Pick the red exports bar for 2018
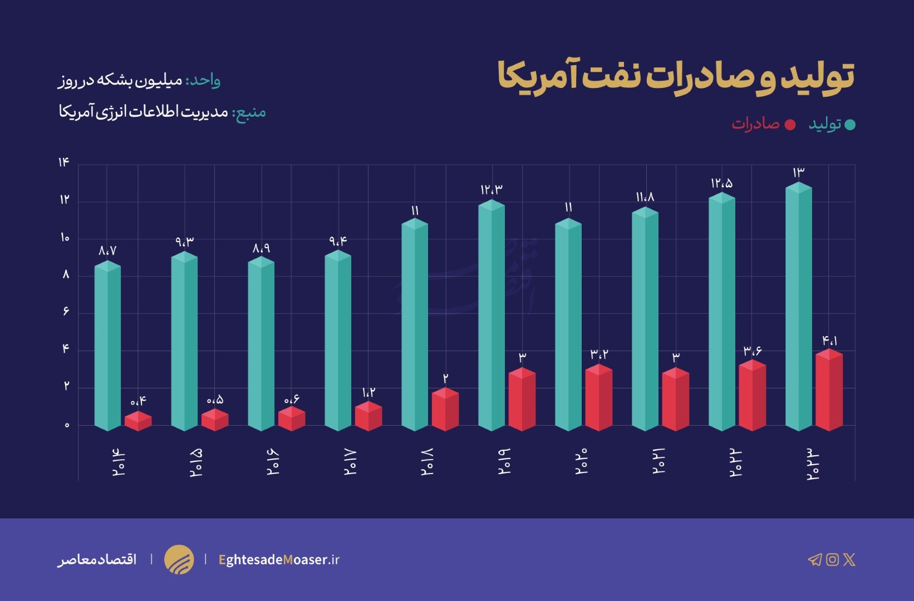[445, 410]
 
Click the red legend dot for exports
[790, 125]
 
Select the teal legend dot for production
[850, 125]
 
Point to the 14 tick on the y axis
[63, 162]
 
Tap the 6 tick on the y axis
[66, 312]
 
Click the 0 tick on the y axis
[67, 425]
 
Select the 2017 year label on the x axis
[350, 462]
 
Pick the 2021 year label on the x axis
[659, 461]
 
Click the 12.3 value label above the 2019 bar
[492, 190]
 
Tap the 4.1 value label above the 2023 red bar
[829, 340]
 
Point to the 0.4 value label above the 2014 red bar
[138, 401]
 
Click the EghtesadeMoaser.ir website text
[279, 559]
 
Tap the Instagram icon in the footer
[832, 559]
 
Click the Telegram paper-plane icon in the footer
[814, 559]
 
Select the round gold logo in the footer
[179, 559]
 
